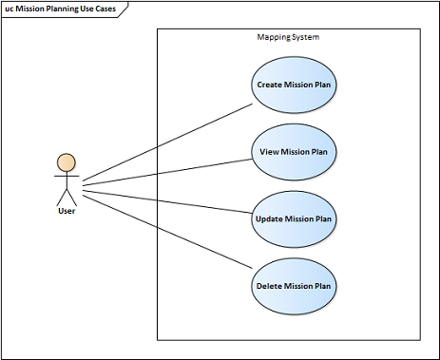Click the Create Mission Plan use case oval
point(294,85)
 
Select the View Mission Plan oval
point(294,152)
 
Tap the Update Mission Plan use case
point(294,219)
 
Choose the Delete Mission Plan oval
point(294,286)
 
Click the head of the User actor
point(67,162)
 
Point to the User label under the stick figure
point(67,211)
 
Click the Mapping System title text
point(288,37)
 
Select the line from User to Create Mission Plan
point(167,142)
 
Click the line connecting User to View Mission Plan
point(167,172)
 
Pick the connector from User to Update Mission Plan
point(167,201)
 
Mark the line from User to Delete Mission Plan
point(167,232)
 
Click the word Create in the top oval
point(270,85)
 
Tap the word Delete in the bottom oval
point(269,286)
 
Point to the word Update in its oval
point(269,219)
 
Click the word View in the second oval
point(269,152)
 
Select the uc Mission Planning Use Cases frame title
point(61,9)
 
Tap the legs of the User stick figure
point(67,198)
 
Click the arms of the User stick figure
point(67,176)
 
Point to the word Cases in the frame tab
point(105,9)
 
